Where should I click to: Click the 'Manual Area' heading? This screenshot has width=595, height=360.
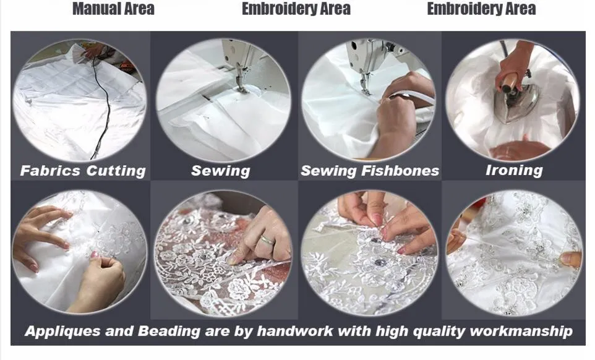click(x=113, y=9)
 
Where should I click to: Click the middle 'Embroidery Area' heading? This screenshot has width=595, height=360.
click(x=296, y=9)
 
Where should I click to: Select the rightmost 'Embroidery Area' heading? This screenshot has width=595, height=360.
click(x=481, y=9)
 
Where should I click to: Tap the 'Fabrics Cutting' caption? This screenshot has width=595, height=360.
click(x=83, y=171)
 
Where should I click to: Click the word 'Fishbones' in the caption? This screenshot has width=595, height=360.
click(x=400, y=171)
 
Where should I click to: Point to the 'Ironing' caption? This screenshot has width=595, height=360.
click(x=514, y=170)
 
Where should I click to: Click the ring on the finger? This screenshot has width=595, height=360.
click(x=267, y=239)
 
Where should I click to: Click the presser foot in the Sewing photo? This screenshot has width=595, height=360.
click(x=241, y=86)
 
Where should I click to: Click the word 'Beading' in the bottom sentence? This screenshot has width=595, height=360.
click(x=168, y=331)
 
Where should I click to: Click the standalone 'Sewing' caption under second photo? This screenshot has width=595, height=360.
click(x=220, y=171)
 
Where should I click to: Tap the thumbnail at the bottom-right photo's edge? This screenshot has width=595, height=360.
click(x=571, y=260)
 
